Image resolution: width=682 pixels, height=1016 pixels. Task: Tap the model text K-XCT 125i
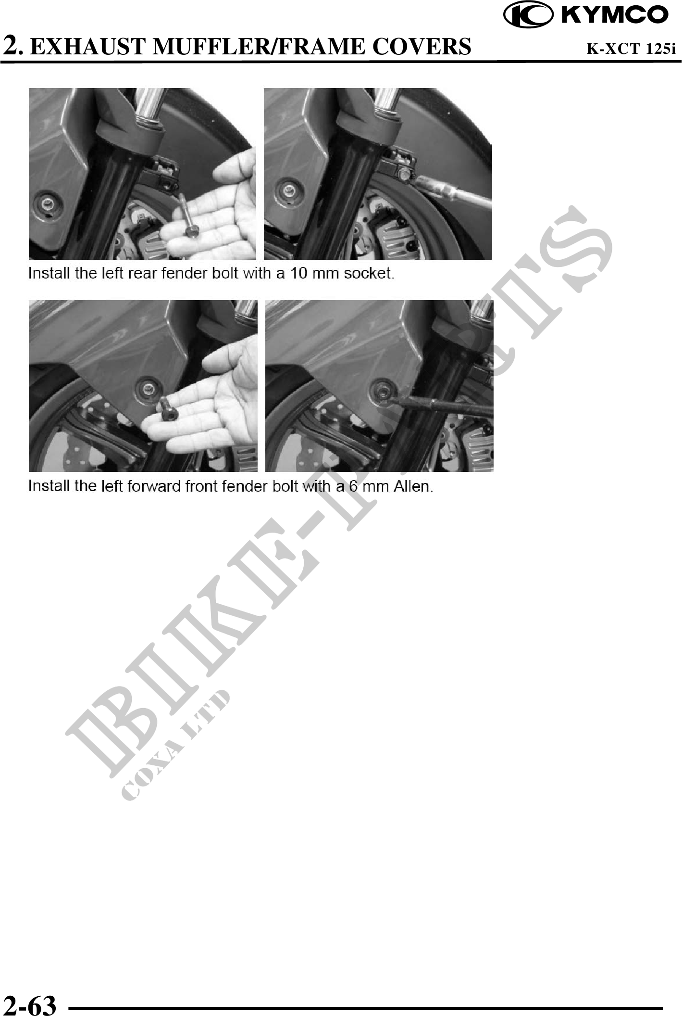(632, 48)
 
